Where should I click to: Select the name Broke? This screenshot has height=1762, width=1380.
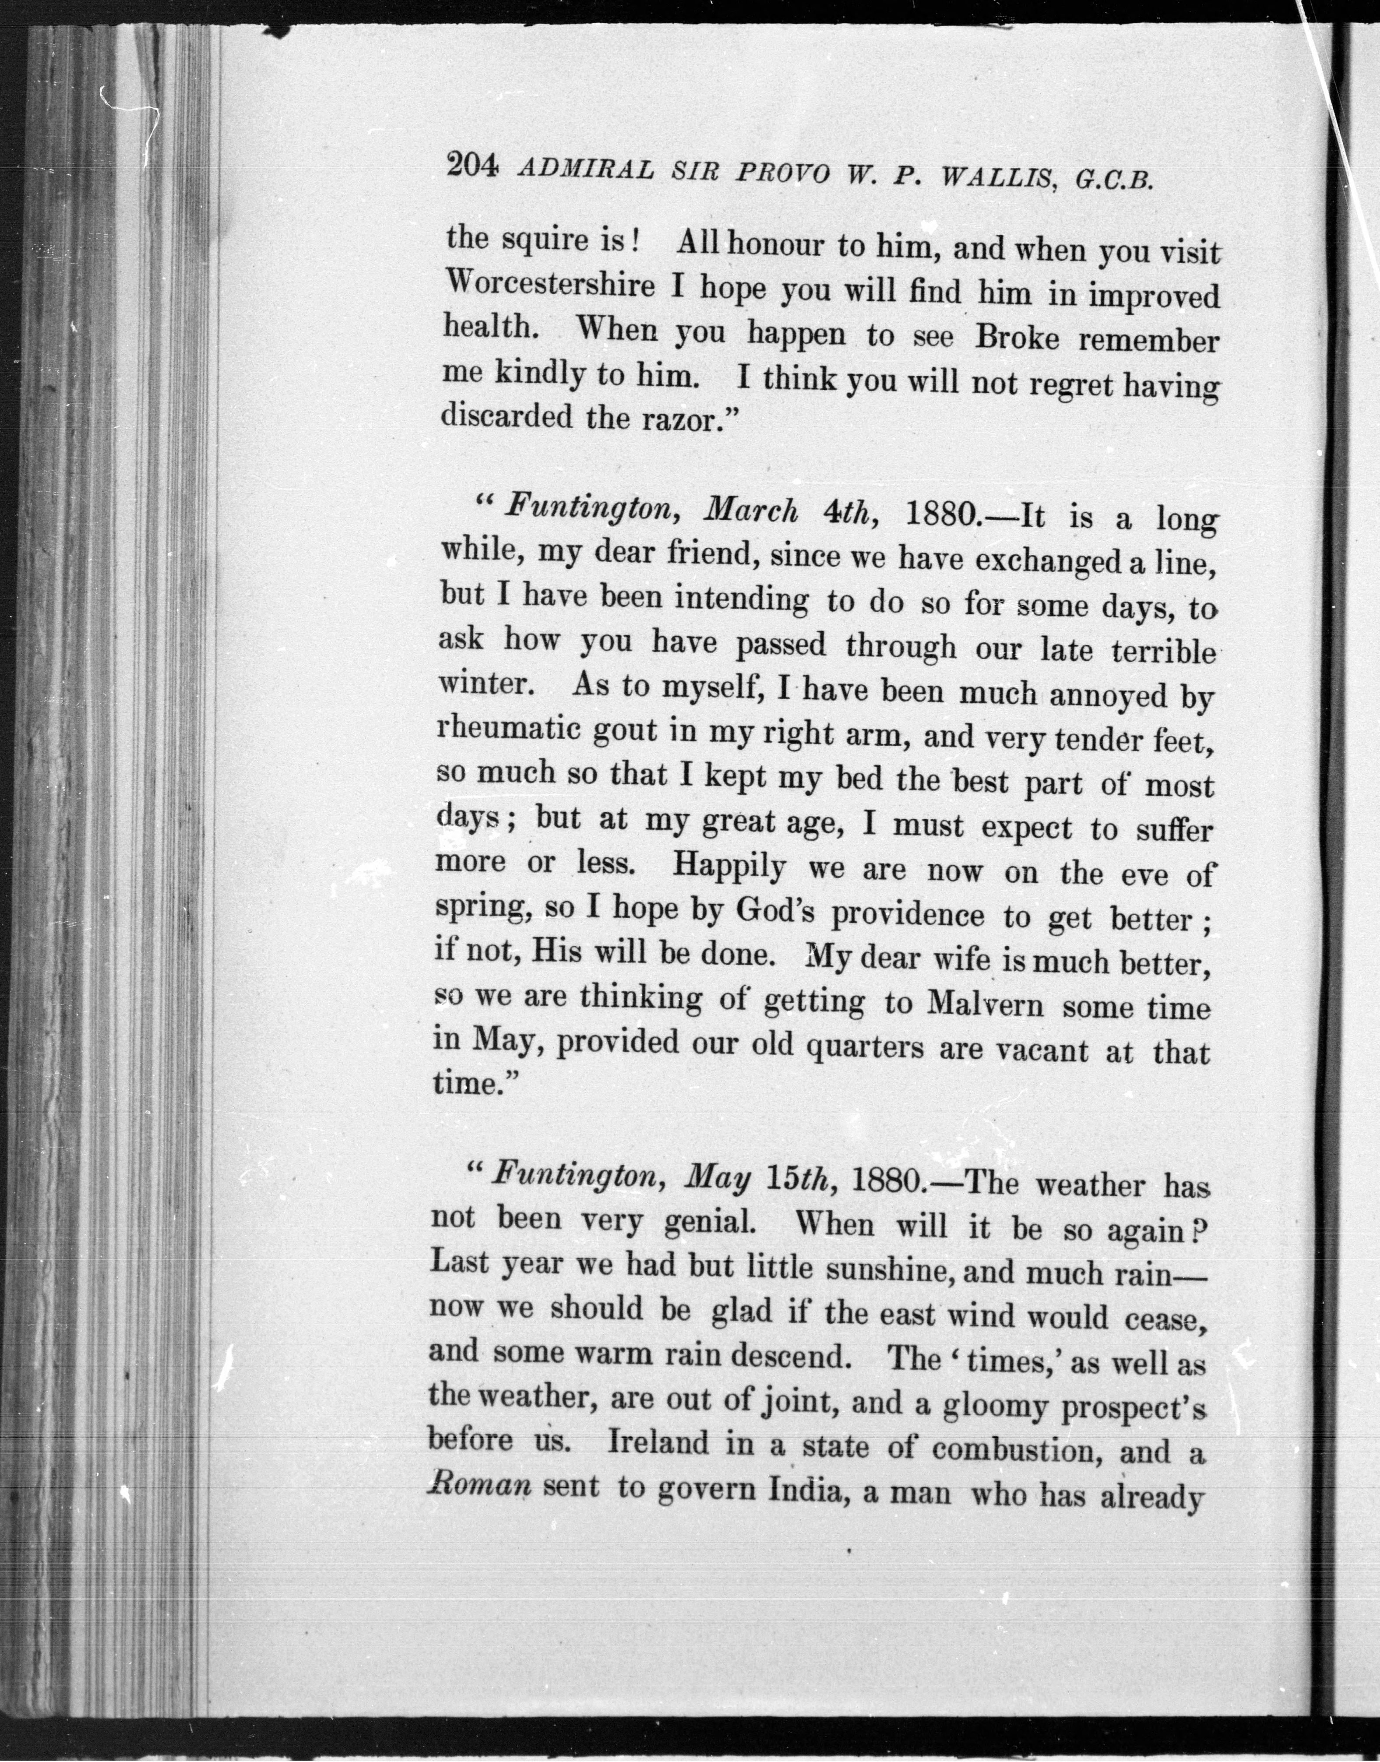tap(1017, 337)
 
